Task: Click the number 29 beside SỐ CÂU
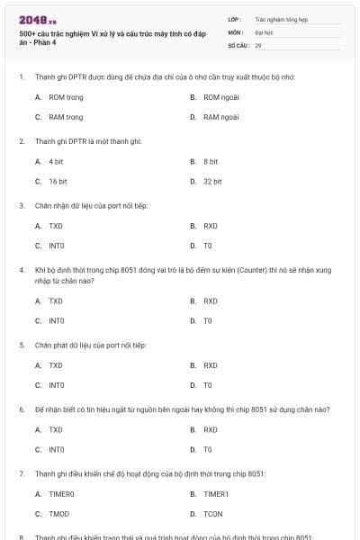258,44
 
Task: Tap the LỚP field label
235,18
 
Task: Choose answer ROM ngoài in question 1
221,96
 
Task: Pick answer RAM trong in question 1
66,117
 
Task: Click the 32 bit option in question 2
212,181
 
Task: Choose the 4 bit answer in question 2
56,161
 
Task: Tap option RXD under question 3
211,225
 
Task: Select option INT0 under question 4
57,320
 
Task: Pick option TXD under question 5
56,365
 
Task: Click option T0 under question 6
208,449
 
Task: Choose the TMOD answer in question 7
59,513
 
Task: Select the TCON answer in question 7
213,513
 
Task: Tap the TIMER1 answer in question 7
216,493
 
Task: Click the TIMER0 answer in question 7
61,493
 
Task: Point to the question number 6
21,409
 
